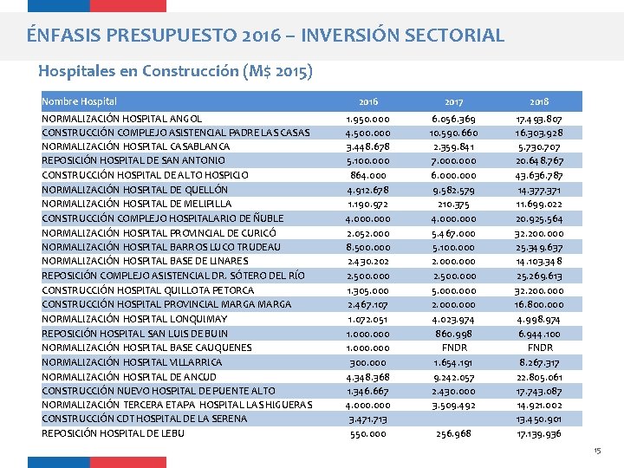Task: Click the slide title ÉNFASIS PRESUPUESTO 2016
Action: point(265,36)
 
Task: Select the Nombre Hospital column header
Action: point(79,101)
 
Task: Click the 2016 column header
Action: point(367,101)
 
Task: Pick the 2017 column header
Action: point(454,101)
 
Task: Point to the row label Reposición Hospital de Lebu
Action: point(113,433)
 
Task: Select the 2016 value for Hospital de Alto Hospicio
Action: point(367,175)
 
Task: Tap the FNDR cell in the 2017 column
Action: point(454,348)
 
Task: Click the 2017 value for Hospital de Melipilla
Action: point(454,205)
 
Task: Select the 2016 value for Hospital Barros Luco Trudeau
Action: point(367,247)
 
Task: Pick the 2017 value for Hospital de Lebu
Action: point(454,433)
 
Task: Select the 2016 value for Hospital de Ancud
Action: point(367,376)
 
